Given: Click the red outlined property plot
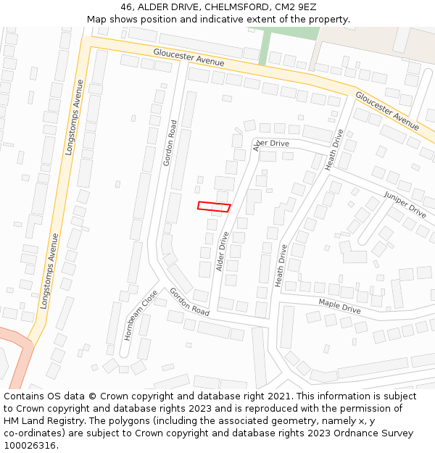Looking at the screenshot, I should pyautogui.click(x=214, y=207).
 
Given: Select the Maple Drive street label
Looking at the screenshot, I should pyautogui.click(x=339, y=306).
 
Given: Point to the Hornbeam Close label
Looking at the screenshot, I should pyautogui.click(x=139, y=315).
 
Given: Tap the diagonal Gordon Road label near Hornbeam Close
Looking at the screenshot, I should pyautogui.click(x=189, y=302).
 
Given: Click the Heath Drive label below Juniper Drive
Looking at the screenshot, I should pyautogui.click(x=281, y=265).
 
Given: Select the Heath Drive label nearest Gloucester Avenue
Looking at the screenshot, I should pyautogui.click(x=334, y=149).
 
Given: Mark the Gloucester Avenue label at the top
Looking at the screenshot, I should pyautogui.click(x=188, y=57).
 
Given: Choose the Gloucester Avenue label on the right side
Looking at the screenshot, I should pyautogui.click(x=387, y=110).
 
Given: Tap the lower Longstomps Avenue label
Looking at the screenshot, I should pyautogui.click(x=49, y=271).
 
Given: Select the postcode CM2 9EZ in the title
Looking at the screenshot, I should pyautogui.click(x=296, y=7).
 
